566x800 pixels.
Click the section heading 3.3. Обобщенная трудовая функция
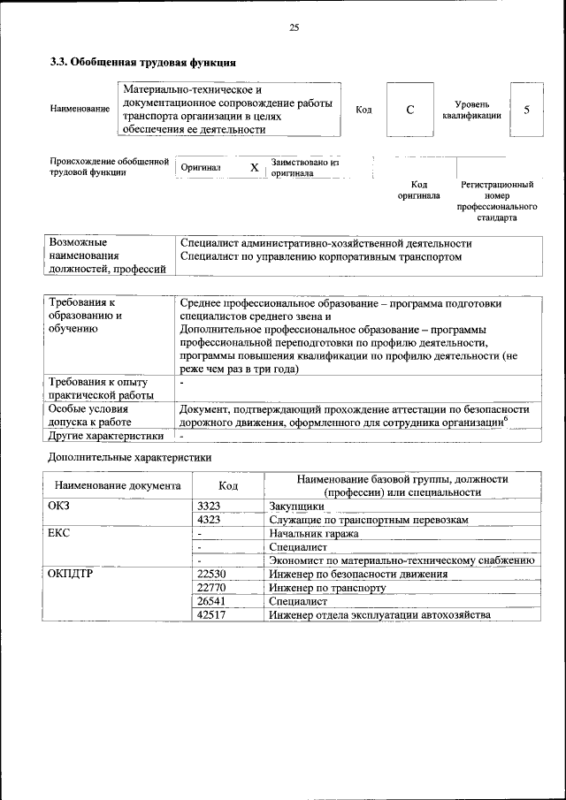(x=141, y=63)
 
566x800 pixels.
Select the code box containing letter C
(x=409, y=110)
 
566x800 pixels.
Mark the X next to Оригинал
(x=254, y=168)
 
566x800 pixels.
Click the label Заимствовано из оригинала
(x=305, y=168)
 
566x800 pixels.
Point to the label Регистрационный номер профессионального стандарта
(x=497, y=201)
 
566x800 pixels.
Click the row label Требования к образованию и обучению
(x=87, y=316)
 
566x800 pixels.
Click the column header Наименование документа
(x=118, y=485)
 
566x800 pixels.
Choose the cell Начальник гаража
(x=314, y=534)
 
